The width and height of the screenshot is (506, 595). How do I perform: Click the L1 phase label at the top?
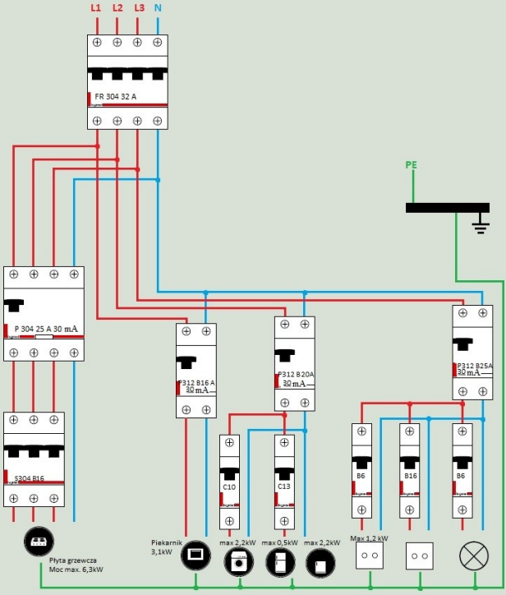click(95, 8)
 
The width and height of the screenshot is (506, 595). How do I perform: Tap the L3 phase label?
click(138, 8)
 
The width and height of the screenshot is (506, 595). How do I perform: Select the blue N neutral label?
click(158, 8)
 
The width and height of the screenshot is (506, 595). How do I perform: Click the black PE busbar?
click(447, 207)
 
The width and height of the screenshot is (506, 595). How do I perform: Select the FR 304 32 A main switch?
click(127, 82)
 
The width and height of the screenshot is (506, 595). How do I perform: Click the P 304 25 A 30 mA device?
click(44, 313)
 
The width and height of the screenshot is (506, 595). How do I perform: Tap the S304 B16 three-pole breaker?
click(34, 460)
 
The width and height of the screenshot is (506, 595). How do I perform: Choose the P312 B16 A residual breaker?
click(196, 371)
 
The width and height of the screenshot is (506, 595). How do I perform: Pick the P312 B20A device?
click(295, 363)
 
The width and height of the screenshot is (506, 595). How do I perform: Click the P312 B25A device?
click(473, 352)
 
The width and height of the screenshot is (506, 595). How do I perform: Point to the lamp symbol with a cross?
click(473, 556)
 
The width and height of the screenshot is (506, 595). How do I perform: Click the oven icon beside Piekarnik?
click(196, 555)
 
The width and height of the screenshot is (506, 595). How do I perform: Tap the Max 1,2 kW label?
click(369, 538)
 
